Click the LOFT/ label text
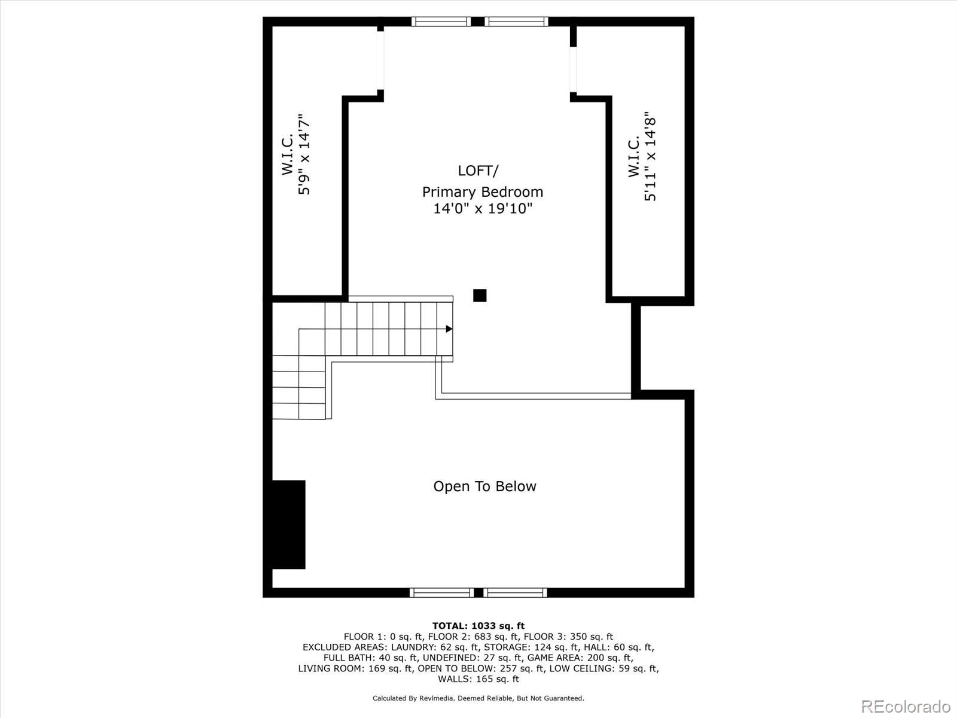[478, 171]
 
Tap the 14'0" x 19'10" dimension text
[483, 209]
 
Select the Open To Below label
[484, 486]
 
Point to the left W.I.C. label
[287, 154]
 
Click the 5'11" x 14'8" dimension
[650, 156]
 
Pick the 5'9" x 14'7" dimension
[304, 154]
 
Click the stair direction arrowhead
[449, 328]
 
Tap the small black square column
[480, 295]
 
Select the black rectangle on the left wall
[289, 525]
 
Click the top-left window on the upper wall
[441, 22]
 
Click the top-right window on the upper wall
[516, 22]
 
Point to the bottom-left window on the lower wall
[441, 592]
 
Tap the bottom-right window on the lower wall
[515, 592]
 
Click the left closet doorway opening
[380, 60]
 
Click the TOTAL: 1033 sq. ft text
[478, 626]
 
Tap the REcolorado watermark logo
[906, 707]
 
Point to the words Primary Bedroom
[483, 192]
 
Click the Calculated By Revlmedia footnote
[478, 698]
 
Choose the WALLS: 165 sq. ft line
[478, 679]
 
